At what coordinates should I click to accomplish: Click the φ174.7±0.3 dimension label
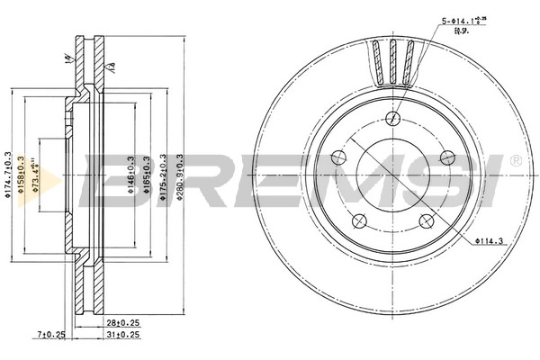click(8, 176)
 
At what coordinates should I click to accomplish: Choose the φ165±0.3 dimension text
click(145, 176)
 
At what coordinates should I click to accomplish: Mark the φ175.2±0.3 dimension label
click(163, 176)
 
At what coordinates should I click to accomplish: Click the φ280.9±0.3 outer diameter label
click(180, 176)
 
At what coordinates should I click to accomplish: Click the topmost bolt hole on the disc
click(393, 118)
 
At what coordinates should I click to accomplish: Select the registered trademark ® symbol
click(514, 160)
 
